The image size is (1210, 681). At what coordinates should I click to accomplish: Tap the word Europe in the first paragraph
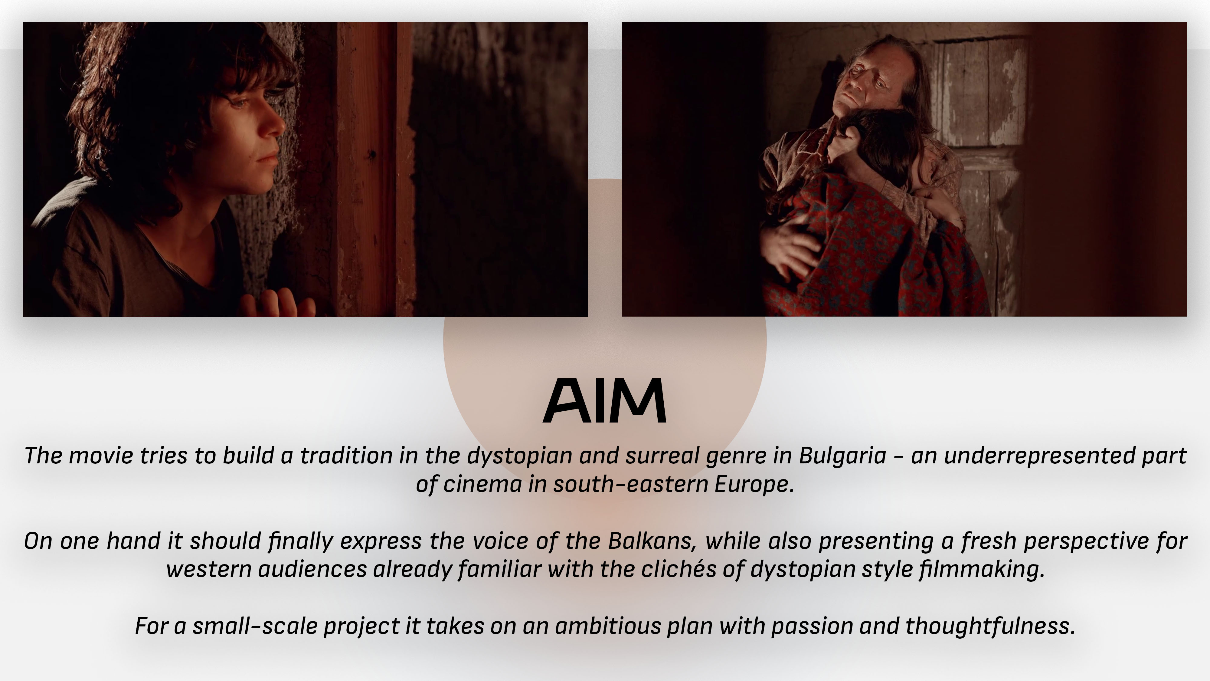pyautogui.click(x=754, y=484)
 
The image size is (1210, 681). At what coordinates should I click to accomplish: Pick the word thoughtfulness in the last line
pyautogui.click(x=990, y=626)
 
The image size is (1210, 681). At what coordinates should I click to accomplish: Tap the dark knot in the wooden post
pyautogui.click(x=372, y=154)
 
